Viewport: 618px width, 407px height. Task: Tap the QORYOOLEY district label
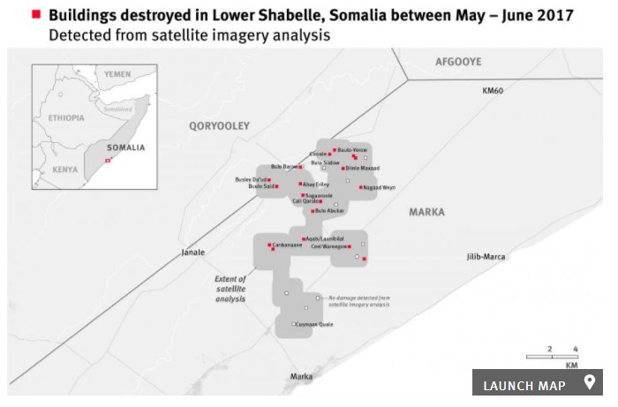point(219,126)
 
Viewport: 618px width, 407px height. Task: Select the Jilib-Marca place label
point(486,256)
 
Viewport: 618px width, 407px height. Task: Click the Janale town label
point(192,252)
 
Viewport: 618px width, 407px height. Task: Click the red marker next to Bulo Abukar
point(312,211)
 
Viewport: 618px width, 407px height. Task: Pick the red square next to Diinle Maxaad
point(339,168)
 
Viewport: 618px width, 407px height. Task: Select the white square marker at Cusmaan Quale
point(294,325)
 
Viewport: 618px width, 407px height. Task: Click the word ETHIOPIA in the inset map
point(66,117)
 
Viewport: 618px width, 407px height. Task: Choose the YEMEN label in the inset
point(117,74)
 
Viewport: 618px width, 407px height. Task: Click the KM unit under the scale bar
point(571,365)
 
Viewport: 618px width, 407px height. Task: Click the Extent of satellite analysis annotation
point(230,289)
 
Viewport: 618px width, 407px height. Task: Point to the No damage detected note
point(358,301)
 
